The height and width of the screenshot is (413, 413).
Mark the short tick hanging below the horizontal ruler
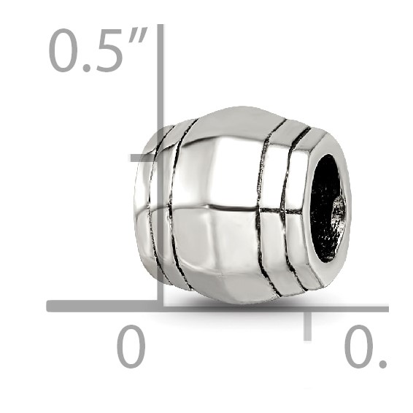(307, 325)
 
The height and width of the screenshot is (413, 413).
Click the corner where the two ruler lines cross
(161, 306)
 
